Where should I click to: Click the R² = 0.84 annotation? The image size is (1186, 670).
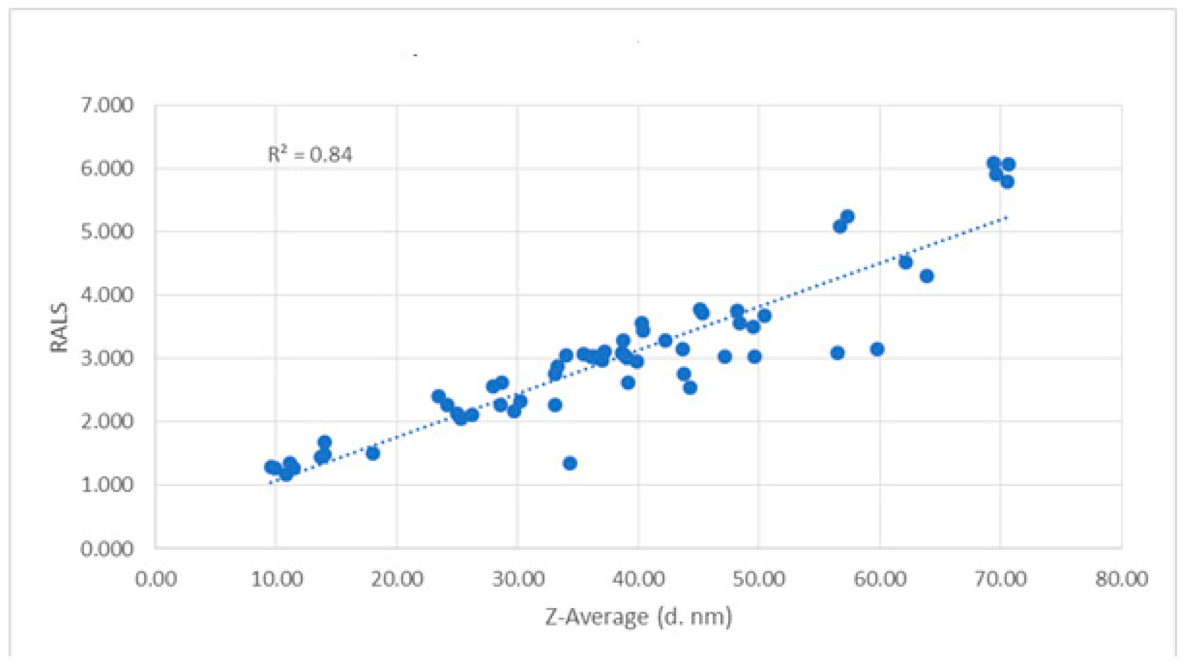[x=310, y=154]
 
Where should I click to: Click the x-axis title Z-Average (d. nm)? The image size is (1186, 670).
[x=638, y=616]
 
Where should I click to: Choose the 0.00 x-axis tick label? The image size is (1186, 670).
[x=156, y=579]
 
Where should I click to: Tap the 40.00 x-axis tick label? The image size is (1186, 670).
[x=638, y=579]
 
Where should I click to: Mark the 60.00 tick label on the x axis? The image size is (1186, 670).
[x=879, y=579]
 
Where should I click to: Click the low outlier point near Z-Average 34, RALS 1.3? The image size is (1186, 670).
[x=570, y=463]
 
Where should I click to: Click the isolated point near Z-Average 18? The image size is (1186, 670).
[x=372, y=453]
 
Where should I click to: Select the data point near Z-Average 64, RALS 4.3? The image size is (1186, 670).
[x=926, y=276]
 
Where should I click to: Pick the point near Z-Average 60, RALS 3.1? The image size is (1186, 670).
[x=877, y=349]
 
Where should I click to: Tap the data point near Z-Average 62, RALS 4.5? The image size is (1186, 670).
[x=906, y=262]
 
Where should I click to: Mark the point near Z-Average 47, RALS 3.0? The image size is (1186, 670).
[x=725, y=356]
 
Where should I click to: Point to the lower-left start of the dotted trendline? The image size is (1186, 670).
[x=270, y=483]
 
